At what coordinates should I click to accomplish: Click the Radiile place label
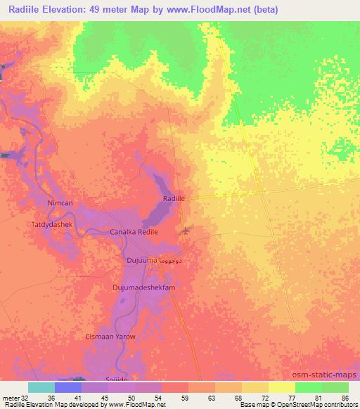[x=174, y=200]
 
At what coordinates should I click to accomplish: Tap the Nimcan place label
[x=59, y=203]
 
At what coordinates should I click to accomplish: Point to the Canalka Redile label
[x=134, y=232]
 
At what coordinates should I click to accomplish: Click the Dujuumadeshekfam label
[x=143, y=288]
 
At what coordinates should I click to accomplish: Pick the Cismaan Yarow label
[x=110, y=337]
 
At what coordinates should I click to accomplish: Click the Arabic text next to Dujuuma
[x=173, y=261]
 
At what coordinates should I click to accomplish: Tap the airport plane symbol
[x=186, y=230]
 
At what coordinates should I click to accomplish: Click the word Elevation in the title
[x=68, y=10]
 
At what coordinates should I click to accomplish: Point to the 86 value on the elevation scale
[x=345, y=397]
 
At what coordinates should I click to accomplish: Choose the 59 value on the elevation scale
[x=185, y=397]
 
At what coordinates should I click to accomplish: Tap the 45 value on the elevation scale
[x=105, y=397]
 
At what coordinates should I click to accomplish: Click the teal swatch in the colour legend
[x=41, y=387]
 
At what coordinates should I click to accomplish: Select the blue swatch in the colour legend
[x=68, y=387]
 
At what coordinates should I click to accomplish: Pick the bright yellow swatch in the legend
[x=282, y=387]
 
